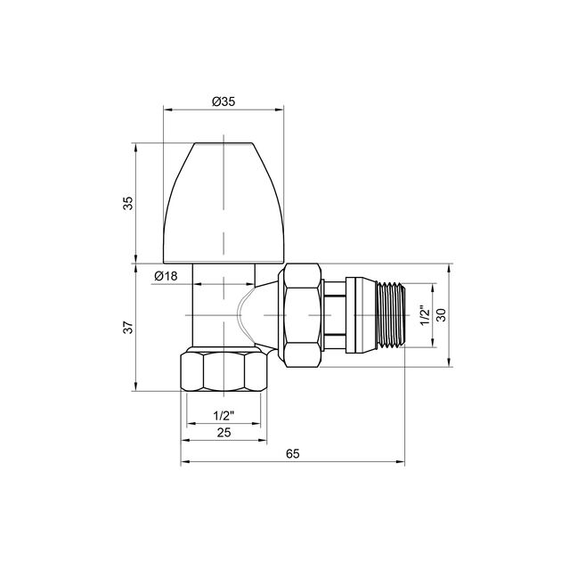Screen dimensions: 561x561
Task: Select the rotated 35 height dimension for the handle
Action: (x=128, y=203)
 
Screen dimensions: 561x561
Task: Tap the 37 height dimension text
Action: (x=128, y=327)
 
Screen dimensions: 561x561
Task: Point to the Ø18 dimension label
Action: (x=166, y=276)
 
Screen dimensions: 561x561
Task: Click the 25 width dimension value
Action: (x=224, y=433)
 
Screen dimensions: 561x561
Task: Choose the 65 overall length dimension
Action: (x=292, y=454)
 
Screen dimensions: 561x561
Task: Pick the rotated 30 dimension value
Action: (x=440, y=314)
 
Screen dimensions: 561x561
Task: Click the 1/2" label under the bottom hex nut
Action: (x=224, y=415)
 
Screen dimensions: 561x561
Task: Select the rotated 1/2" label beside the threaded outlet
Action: (x=425, y=314)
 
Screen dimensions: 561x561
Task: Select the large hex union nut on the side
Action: (x=299, y=314)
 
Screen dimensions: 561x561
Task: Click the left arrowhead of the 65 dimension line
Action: (x=184, y=463)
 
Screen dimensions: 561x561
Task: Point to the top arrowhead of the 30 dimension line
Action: (x=449, y=267)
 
